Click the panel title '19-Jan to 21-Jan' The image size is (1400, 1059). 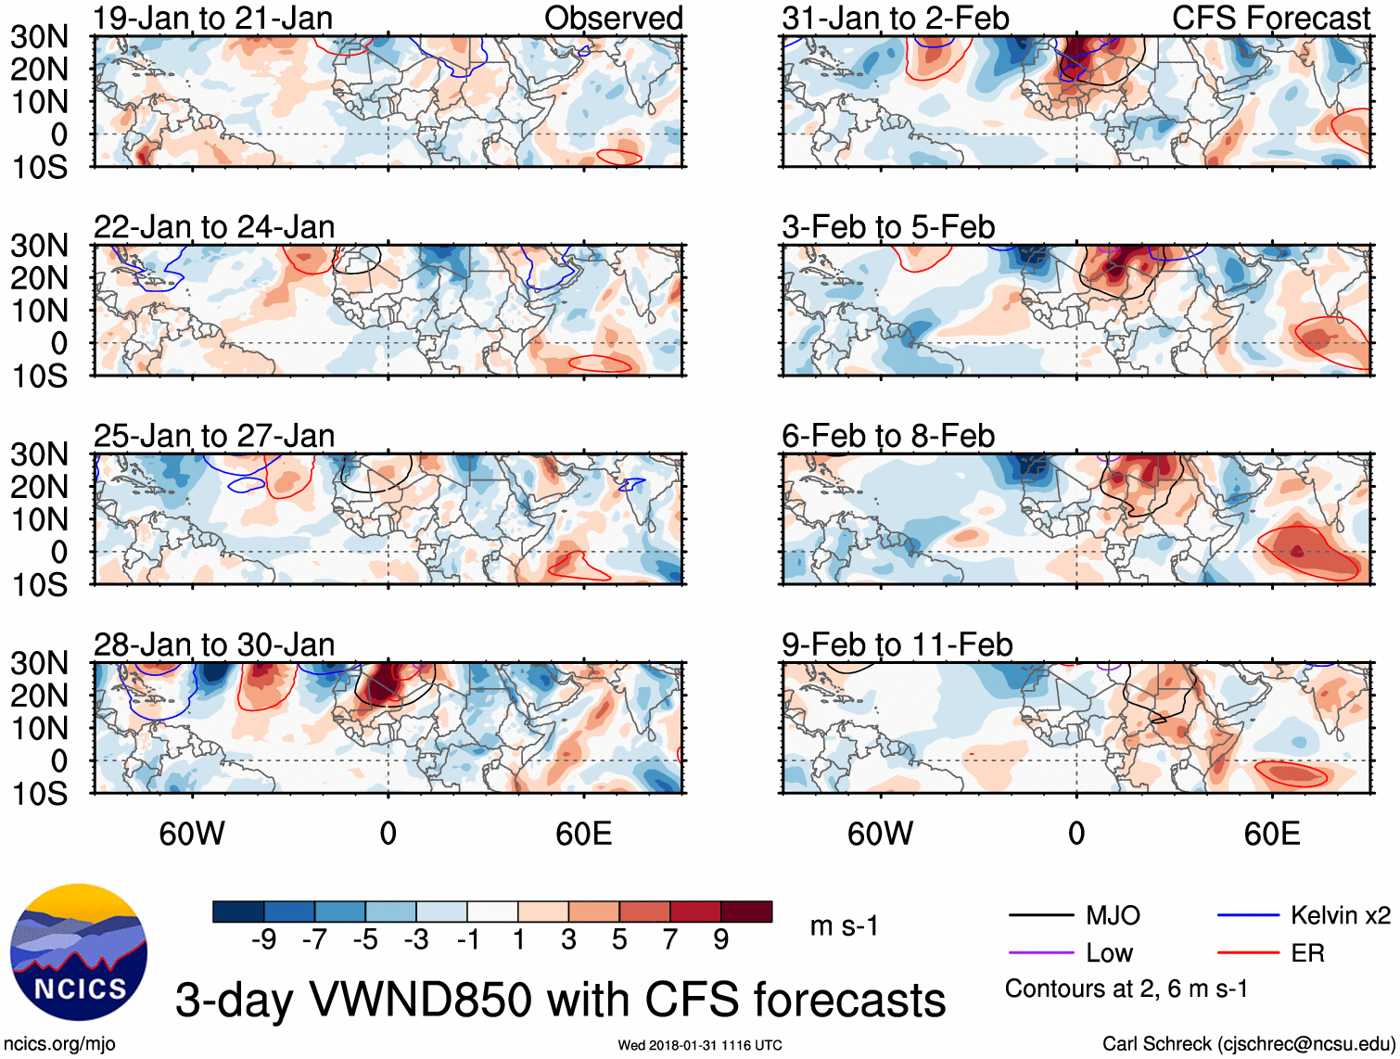pos(213,18)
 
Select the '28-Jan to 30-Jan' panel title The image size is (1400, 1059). pos(214,644)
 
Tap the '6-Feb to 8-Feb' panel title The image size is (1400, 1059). pos(888,436)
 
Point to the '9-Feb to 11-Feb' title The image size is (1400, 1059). pos(897,644)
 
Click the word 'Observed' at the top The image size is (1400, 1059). pos(613,18)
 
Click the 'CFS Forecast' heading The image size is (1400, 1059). pos(1270,18)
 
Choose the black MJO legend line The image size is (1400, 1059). pos(1040,916)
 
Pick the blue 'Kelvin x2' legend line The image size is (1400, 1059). pos(1248,916)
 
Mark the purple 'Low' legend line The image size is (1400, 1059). pos(1040,953)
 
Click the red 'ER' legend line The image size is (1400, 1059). pos(1248,953)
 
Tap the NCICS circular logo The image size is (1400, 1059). pos(79,952)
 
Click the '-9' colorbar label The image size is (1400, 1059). pos(263,940)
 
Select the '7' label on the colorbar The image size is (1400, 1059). pos(669,940)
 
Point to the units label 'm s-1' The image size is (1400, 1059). pos(844,926)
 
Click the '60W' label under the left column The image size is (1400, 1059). pos(192,834)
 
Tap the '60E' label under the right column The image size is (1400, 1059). pos(1271,834)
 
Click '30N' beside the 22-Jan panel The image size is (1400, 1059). pos(40,246)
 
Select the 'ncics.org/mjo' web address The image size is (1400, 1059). pos(59,1044)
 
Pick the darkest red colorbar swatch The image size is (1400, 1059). pos(746,912)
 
